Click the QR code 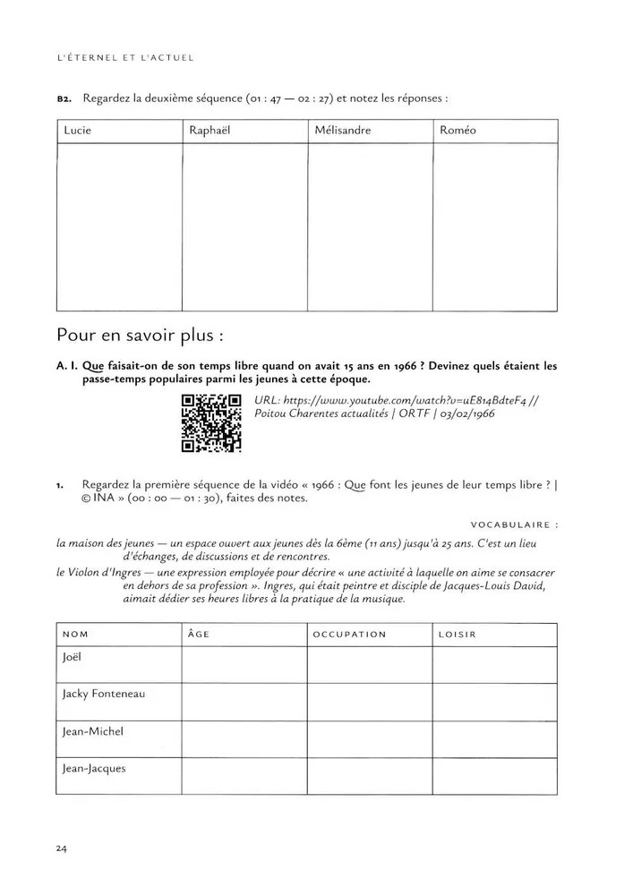211,422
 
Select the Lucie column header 78,131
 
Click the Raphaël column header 210,131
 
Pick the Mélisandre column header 342,131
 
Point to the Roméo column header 458,131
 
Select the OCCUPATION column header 349,635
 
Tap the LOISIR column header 457,635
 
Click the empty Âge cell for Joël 244,664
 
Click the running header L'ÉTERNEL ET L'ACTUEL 124,58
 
